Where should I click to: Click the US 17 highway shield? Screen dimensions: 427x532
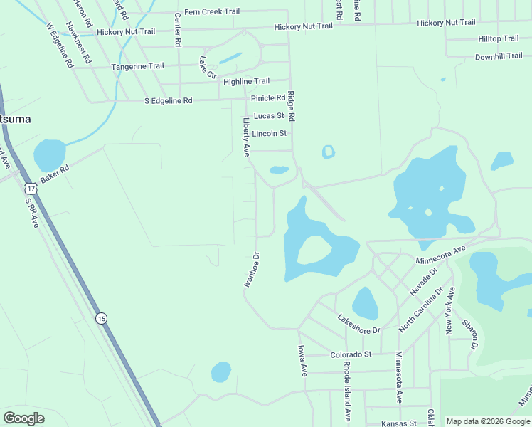tap(29, 188)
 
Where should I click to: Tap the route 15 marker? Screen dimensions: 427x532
tap(102, 318)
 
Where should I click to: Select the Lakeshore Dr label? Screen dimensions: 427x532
tap(359, 325)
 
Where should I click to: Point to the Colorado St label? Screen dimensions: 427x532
tap(351, 354)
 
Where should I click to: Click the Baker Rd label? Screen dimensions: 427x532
tap(55, 174)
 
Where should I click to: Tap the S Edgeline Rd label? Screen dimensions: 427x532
tap(168, 101)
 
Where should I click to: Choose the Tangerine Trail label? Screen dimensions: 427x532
tap(137, 66)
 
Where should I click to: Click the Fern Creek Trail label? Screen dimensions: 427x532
tap(211, 11)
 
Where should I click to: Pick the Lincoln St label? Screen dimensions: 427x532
tap(269, 133)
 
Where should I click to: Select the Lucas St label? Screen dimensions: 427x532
tap(269, 115)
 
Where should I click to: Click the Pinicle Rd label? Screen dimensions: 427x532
tap(268, 97)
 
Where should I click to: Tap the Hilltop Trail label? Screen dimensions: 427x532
tap(499, 38)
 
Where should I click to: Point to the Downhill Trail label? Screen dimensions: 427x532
tap(499, 56)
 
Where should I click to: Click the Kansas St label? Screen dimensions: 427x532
tap(398, 423)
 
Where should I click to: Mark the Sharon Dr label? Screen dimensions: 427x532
tap(469, 333)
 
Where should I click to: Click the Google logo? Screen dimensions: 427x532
tap(23, 418)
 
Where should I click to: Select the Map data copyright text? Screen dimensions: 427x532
tap(488, 421)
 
